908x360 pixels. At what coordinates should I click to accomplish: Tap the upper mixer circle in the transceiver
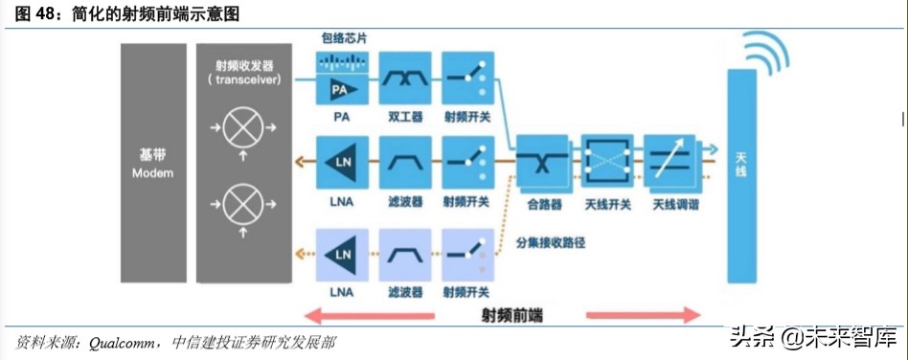[241, 125]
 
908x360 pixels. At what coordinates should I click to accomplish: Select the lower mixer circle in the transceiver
[241, 203]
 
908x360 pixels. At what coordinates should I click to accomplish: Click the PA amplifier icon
[342, 90]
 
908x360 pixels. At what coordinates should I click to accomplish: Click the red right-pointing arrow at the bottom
[643, 315]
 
